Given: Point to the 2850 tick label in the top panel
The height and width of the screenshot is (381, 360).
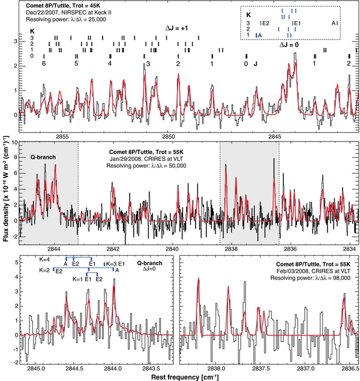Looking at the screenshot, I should click(169, 136).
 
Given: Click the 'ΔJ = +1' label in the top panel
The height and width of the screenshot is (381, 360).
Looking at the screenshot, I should click(178, 28).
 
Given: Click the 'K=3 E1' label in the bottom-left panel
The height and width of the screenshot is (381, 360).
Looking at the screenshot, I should click(116, 263).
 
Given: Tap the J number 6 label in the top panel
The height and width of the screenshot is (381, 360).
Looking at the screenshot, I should click(44, 63).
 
